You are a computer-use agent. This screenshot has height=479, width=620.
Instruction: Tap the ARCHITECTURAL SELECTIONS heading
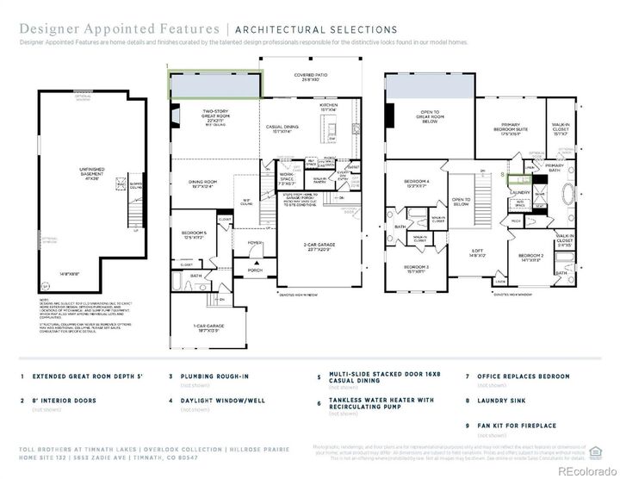point(306,30)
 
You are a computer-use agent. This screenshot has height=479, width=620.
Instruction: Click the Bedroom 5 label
point(195,234)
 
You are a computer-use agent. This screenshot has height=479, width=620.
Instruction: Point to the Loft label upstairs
point(478,254)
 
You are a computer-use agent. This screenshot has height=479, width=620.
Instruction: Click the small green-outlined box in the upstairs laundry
point(518,180)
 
